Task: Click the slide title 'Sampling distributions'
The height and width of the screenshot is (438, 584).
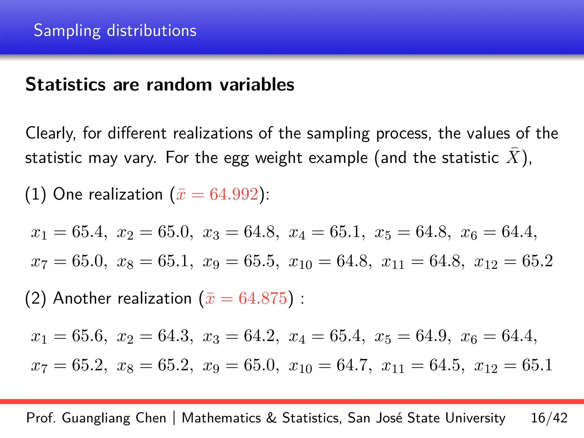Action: coord(115,31)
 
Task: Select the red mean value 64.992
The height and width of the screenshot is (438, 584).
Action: coord(234,194)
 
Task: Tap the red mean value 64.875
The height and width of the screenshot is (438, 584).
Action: coord(263,299)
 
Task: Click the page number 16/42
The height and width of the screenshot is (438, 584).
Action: coord(549,418)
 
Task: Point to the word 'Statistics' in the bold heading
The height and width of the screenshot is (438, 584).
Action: coord(66,85)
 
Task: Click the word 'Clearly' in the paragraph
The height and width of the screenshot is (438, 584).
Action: coord(50,133)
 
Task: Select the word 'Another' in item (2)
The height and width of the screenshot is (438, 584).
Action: coord(82,299)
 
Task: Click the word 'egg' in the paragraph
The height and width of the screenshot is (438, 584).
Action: coord(236,158)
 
